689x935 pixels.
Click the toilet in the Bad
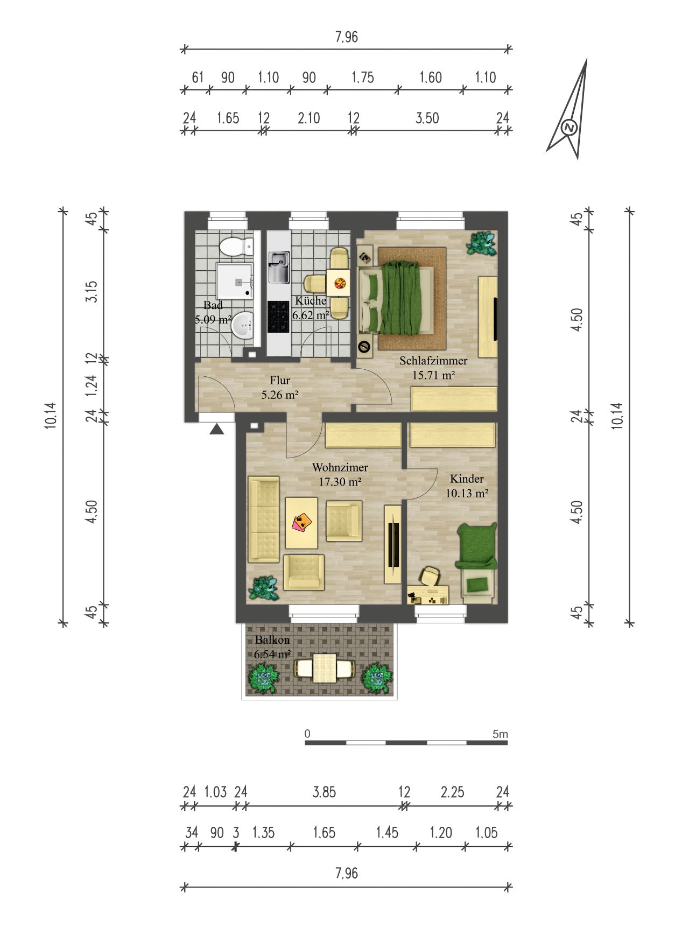coord(236,246)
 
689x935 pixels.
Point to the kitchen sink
coord(279,268)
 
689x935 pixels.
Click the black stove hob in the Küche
coord(278,316)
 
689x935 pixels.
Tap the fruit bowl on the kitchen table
coord(340,283)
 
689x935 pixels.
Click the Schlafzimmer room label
coord(433,361)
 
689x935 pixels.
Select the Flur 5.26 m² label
coord(280,387)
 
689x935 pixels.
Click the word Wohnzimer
coord(340,467)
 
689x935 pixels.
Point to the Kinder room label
coord(467,479)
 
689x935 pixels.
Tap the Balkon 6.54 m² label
coord(272,647)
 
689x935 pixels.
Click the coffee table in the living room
coord(301,523)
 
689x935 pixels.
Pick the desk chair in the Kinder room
coord(431,577)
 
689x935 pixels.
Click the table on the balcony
coord(325,667)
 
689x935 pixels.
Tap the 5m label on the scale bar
coord(500,734)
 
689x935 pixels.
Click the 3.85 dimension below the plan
coord(324,792)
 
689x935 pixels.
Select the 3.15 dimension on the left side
coord(92,291)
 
